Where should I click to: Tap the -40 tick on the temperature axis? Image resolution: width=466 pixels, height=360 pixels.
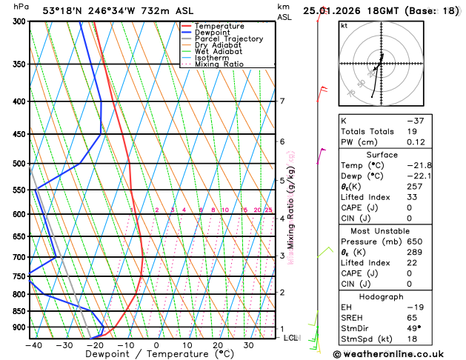pos(33,344)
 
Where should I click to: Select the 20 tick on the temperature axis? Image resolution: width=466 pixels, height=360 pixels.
pos(217,344)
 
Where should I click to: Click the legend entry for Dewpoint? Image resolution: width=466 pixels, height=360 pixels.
pos(213,33)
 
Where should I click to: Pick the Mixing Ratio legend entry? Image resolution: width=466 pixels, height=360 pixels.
pos(219,64)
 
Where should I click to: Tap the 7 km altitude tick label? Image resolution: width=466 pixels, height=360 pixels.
pos(282,101)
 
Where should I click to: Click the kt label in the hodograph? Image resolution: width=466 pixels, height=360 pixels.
pos(344,25)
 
